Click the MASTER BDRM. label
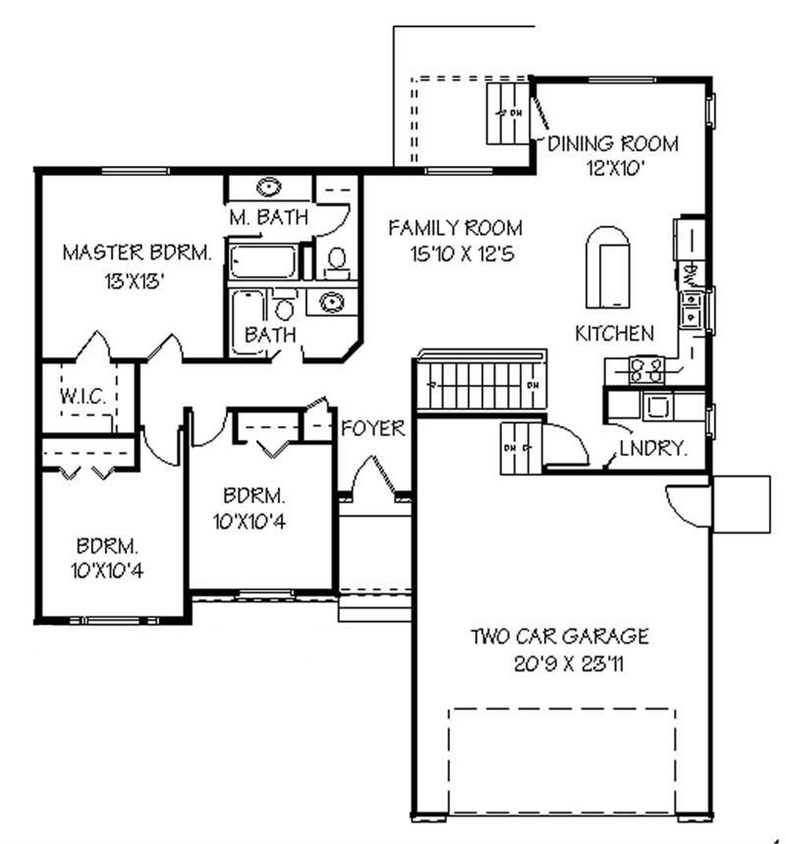coord(137,253)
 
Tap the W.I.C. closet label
coord(83,396)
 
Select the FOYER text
coord(373,429)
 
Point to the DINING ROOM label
coord(613,144)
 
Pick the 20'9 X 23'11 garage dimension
coord(560,665)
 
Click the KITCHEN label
coord(614,333)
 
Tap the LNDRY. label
coord(654,450)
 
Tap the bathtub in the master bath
coord(263,262)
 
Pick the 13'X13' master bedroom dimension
coord(137,281)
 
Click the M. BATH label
coord(269,218)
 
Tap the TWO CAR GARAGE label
coord(560,635)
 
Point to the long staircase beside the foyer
coord(480,384)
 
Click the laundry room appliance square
coord(656,405)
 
